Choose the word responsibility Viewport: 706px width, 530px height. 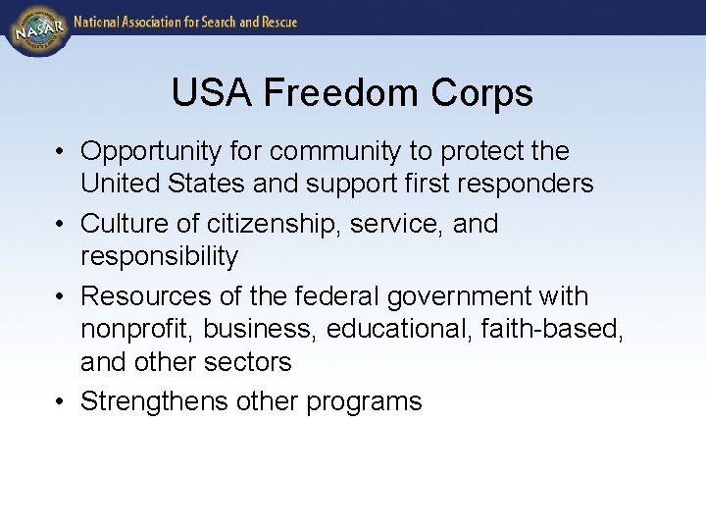point(159,257)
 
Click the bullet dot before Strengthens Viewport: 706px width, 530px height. point(61,401)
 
